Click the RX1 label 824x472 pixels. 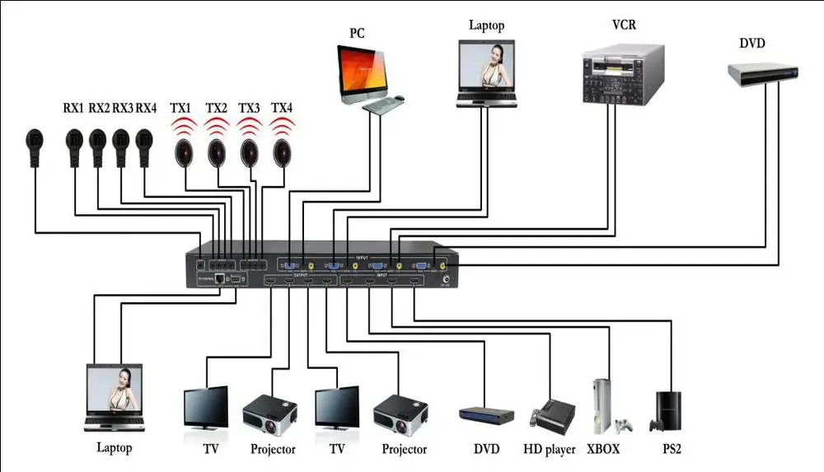pos(73,108)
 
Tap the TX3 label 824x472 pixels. pos(249,108)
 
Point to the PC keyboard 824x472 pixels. pos(385,105)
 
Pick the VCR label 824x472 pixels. pos(623,24)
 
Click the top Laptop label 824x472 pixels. pos(486,25)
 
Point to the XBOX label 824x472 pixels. pos(603,450)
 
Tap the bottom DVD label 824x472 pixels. pos(486,450)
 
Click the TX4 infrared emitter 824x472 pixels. pos(283,152)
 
